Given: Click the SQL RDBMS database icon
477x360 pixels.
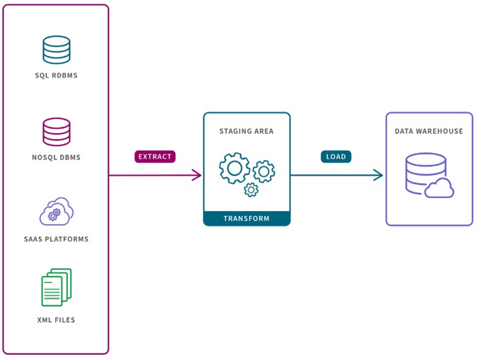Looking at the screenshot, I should click(x=56, y=50).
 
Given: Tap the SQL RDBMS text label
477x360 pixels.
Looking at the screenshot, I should click(x=56, y=76).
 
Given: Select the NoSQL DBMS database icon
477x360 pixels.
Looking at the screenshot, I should click(x=56, y=132).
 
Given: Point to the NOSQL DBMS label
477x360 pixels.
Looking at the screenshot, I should click(x=56, y=158).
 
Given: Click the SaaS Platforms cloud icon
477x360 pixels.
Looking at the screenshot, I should click(x=55, y=212).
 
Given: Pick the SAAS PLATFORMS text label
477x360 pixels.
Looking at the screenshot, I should click(x=56, y=238).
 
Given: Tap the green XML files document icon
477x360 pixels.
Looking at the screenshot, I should click(x=56, y=287).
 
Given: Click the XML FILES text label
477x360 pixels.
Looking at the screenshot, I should click(x=56, y=319).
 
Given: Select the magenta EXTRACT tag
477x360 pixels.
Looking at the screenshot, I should click(x=155, y=155).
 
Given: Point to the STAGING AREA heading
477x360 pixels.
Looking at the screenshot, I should click(x=246, y=132).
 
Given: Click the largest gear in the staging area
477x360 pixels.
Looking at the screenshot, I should click(x=235, y=168).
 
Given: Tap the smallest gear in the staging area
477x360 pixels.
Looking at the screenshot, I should click(x=251, y=189).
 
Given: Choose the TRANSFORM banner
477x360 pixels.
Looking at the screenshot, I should click(x=246, y=218).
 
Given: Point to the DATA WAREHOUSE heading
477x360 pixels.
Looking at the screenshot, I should click(x=429, y=132).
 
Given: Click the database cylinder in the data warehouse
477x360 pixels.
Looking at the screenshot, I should click(x=422, y=173).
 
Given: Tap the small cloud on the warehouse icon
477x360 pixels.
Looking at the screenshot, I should click(x=440, y=189).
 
